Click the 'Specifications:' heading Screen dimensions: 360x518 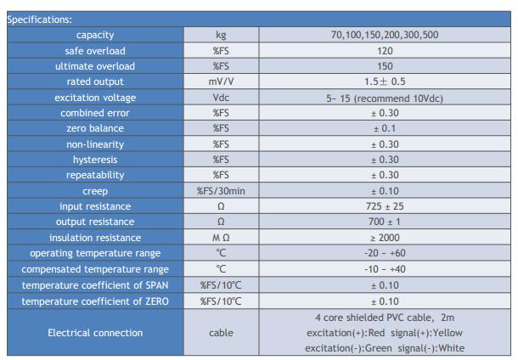click(40, 19)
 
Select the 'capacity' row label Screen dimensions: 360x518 click(94, 35)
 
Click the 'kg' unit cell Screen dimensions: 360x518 click(221, 35)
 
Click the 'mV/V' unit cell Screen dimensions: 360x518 click(221, 82)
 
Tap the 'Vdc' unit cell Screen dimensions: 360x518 click(221, 98)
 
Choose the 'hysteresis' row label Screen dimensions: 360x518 click(94, 160)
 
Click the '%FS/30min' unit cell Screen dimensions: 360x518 click(221, 191)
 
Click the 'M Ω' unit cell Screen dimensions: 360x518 click(221, 238)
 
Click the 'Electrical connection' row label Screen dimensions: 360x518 click(94, 333)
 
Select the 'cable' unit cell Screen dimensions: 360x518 click(221, 333)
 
